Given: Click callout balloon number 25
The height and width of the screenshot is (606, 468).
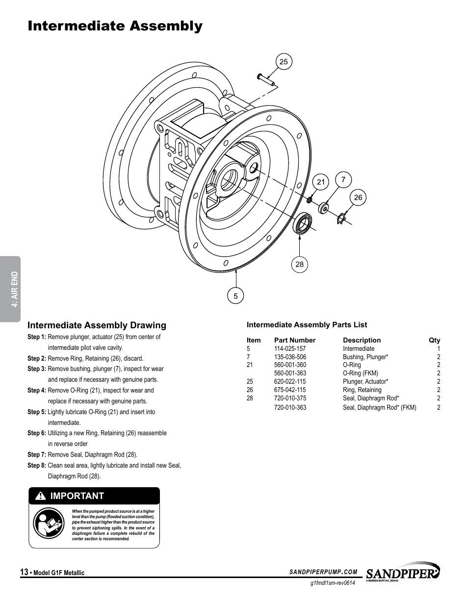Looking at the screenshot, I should point(284,62).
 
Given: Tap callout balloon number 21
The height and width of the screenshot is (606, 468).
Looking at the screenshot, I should point(321,182).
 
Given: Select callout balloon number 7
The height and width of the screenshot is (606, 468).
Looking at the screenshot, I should point(343,180).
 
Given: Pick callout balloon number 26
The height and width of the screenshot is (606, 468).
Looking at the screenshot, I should point(358,197).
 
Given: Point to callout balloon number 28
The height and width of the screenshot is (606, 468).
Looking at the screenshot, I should point(299,264).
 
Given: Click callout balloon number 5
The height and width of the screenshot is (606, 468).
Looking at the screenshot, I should point(235,296).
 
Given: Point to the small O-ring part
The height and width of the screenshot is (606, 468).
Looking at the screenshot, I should point(310,200).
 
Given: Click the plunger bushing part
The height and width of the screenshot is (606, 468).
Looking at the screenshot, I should point(324,208).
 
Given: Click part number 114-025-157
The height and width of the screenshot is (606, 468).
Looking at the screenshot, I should point(290,349).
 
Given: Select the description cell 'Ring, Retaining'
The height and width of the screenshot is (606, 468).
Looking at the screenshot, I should point(362,390).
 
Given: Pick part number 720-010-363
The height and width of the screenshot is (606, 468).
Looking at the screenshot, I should point(290,407).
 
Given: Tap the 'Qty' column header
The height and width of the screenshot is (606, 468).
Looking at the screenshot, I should point(434,340).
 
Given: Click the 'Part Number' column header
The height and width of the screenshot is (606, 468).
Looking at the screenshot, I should point(294,340).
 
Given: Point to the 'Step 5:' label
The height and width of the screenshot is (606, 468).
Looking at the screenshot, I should point(37,412).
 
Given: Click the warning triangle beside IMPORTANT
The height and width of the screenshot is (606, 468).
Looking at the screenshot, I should point(42,496).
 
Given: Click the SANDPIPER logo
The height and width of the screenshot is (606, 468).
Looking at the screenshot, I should point(403,572).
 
